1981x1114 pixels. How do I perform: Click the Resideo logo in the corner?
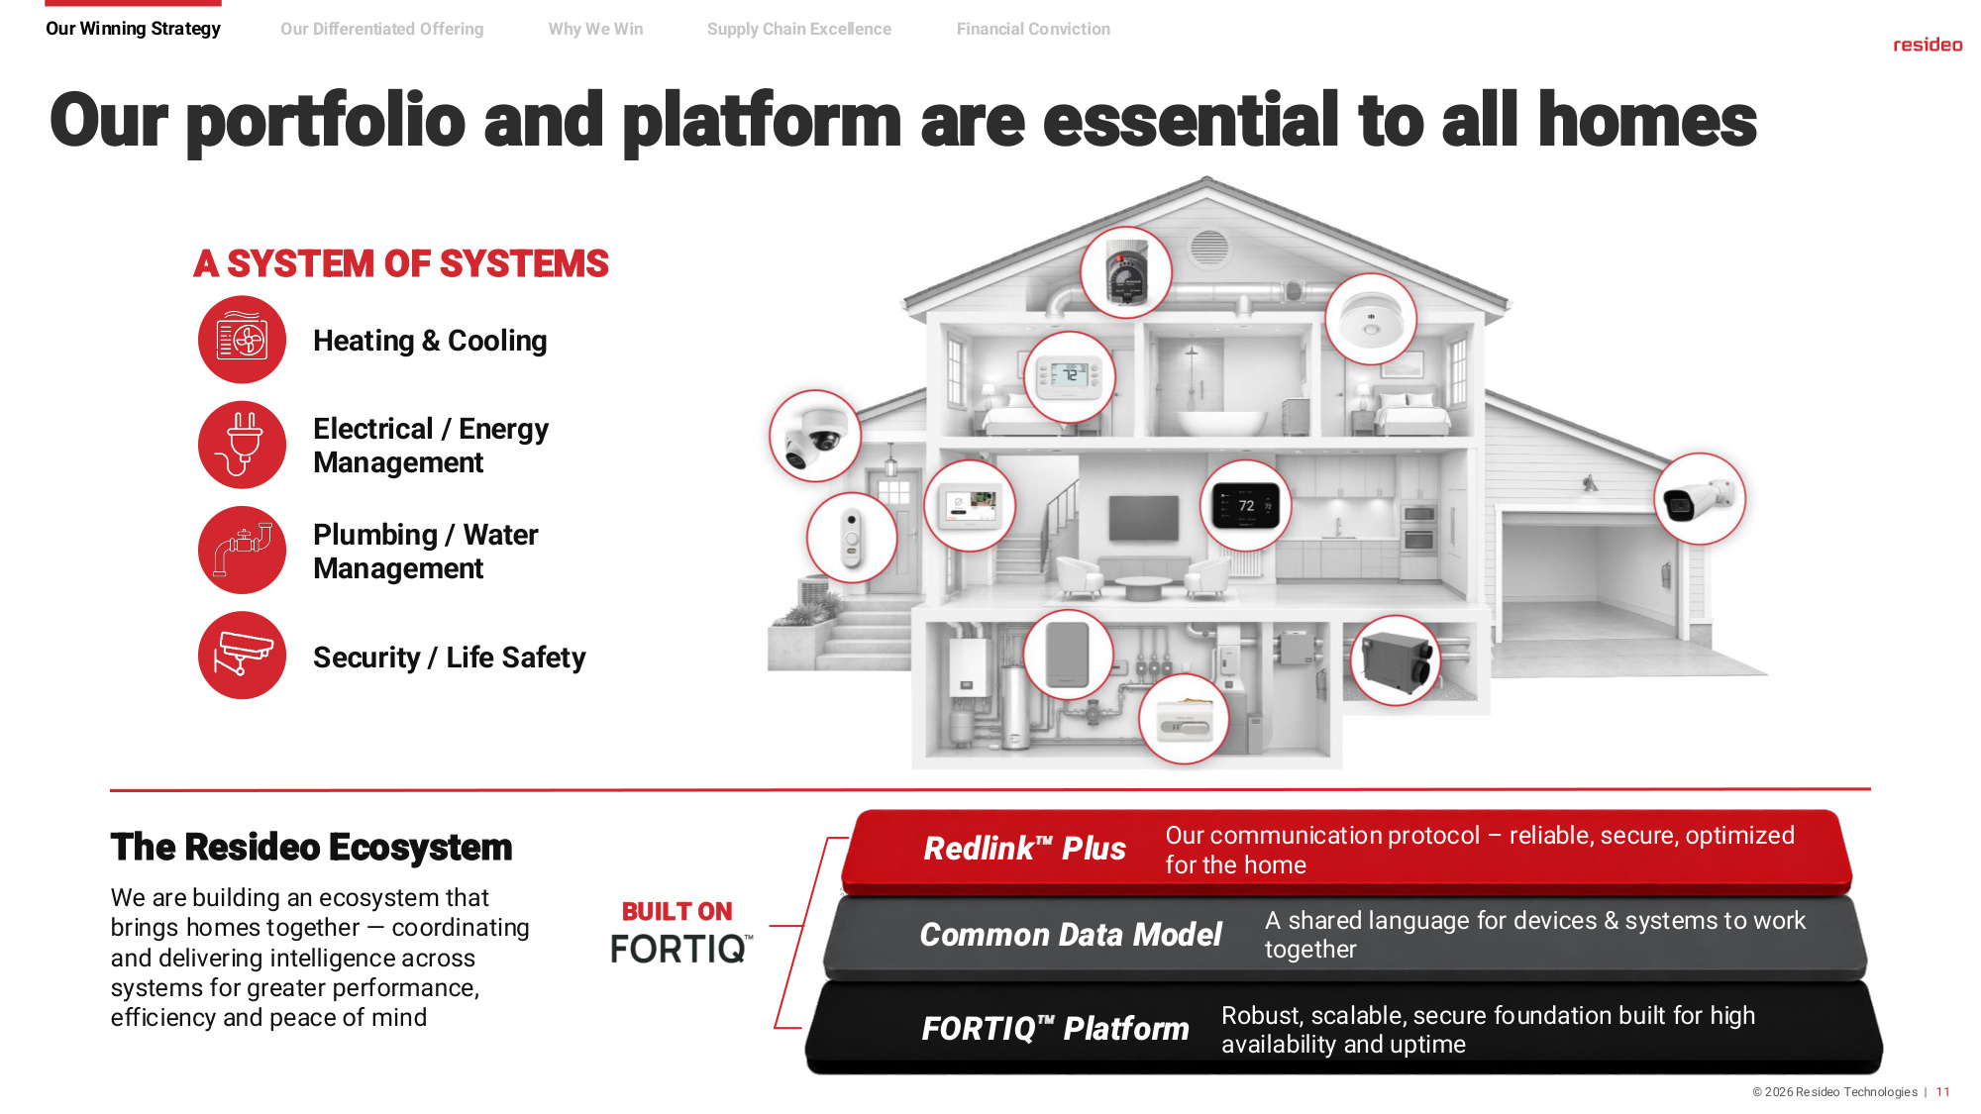tap(1928, 45)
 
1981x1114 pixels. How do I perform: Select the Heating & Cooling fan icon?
tap(242, 340)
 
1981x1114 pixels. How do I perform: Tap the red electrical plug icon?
tap(242, 445)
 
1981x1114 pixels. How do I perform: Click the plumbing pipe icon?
tap(242, 550)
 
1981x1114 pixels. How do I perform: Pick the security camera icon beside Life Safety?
tap(242, 655)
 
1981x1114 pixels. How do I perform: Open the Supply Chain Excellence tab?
tap(798, 30)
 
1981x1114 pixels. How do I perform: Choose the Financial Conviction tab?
tap(1033, 30)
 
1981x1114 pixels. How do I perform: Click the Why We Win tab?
tap(595, 30)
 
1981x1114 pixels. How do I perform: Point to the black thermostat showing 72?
tap(1246, 506)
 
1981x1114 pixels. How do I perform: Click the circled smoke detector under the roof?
tap(1371, 319)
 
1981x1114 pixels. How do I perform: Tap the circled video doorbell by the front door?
tap(852, 538)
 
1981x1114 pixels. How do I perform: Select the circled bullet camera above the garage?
tap(1700, 499)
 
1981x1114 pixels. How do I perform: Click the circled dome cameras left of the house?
tap(815, 436)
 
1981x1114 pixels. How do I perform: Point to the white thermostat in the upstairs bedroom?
tap(1070, 376)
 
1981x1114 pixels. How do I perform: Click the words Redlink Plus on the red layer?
tap(1024, 849)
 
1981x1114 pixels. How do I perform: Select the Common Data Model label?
tap(1071, 935)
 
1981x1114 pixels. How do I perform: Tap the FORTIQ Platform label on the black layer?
tap(1055, 1029)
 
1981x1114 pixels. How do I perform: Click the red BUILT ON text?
tap(678, 911)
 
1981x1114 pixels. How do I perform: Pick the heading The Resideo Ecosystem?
tap(311, 848)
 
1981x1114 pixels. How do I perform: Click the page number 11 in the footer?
tap(1943, 1092)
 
